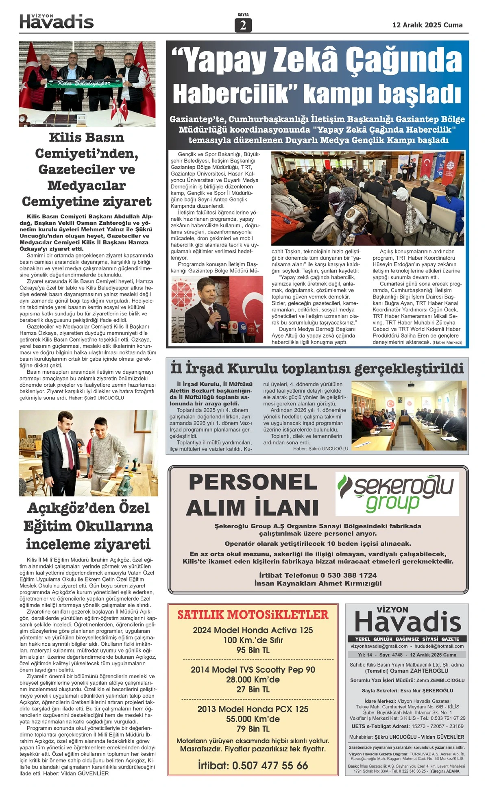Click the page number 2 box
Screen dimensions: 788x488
243,25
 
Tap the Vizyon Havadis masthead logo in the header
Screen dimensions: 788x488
57,22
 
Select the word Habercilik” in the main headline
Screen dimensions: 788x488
234,94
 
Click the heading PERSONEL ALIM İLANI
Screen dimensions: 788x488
253,495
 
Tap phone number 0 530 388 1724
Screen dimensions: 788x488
349,575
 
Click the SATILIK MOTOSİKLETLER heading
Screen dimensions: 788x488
253,614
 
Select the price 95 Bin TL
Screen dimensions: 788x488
253,650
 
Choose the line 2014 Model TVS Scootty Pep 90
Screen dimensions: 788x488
253,670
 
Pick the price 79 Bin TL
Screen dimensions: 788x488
253,729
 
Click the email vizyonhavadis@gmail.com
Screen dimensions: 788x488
379,646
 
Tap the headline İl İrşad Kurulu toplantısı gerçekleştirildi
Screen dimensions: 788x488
317,368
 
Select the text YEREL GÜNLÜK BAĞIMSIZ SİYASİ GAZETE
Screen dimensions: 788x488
407,639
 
